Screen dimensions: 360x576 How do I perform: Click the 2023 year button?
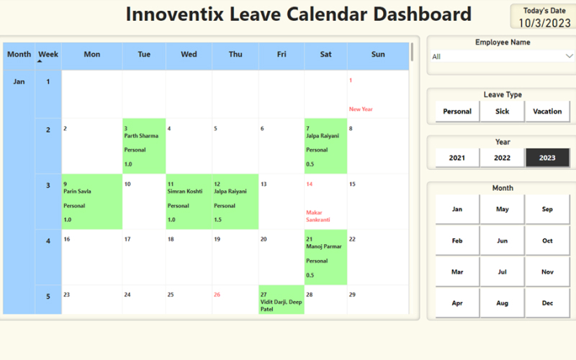[547, 158]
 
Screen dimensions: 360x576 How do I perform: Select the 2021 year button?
[457, 158]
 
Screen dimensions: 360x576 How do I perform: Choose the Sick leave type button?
[503, 112]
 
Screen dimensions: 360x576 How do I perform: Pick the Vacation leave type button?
[547, 112]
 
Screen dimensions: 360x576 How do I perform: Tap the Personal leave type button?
[457, 112]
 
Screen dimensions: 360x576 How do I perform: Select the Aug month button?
[503, 303]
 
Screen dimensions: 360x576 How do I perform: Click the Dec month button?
[547, 303]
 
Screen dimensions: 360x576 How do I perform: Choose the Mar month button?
[457, 271]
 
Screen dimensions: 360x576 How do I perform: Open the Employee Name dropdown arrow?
[569, 56]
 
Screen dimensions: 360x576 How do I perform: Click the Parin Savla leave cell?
[91, 202]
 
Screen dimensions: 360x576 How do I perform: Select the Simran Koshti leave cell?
[189, 202]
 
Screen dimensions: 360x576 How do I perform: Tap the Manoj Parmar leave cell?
[325, 257]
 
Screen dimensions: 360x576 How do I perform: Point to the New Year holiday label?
[361, 109]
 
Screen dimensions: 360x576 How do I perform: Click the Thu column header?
[235, 54]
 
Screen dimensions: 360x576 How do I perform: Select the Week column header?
[48, 54]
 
